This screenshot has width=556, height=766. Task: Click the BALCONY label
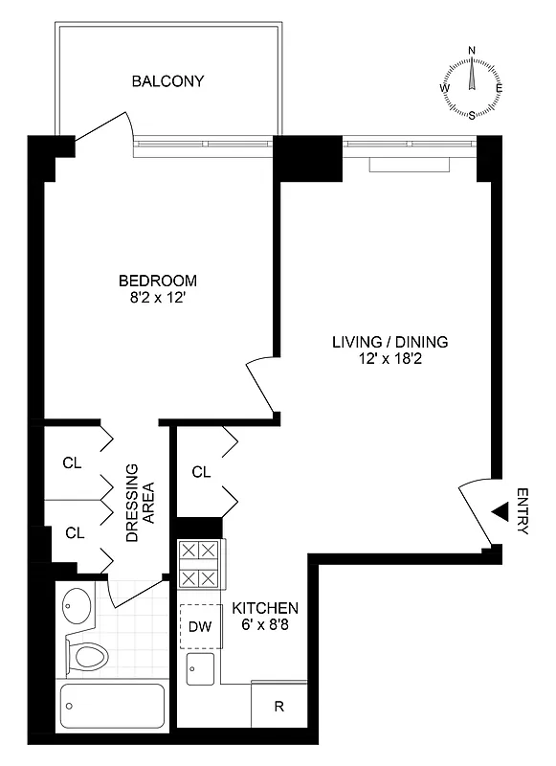pyautogui.click(x=167, y=80)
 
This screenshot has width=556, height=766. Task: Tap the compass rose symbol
pyautogui.click(x=471, y=84)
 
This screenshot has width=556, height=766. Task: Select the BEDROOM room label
pyautogui.click(x=157, y=281)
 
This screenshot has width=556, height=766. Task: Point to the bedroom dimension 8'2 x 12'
pyautogui.click(x=157, y=298)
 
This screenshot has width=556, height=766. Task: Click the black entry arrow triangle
pyautogui.click(x=500, y=513)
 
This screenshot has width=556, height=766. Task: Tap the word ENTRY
pyautogui.click(x=522, y=512)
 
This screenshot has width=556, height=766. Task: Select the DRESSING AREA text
pyautogui.click(x=140, y=504)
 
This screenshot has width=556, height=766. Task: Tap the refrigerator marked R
pyautogui.click(x=278, y=707)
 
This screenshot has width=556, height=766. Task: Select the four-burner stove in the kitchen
pyautogui.click(x=199, y=564)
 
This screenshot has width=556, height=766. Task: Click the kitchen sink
pyautogui.click(x=199, y=670)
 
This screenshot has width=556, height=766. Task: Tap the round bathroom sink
pyautogui.click(x=75, y=605)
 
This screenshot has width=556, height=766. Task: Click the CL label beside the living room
pyautogui.click(x=201, y=471)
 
